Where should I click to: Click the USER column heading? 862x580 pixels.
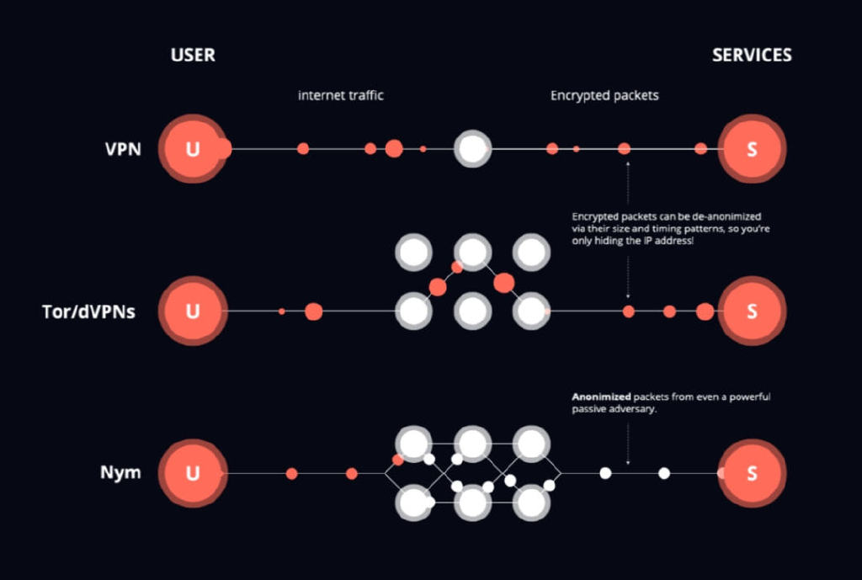(x=193, y=55)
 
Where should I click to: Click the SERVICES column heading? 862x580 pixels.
(x=752, y=55)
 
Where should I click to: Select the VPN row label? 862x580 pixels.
(x=123, y=149)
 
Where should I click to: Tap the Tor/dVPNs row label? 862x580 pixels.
(x=88, y=311)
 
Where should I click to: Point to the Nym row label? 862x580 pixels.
(x=120, y=473)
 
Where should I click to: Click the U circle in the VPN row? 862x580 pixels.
(x=193, y=148)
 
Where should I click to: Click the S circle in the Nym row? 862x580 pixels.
(x=752, y=473)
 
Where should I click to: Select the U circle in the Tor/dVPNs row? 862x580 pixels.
(x=193, y=311)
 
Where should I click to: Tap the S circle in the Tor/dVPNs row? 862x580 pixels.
(x=752, y=311)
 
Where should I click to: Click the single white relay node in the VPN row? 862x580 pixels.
(x=472, y=148)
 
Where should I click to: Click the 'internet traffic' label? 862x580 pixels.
(x=340, y=95)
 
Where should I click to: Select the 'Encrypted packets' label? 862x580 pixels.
(x=604, y=95)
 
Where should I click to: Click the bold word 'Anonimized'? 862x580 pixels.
(x=601, y=396)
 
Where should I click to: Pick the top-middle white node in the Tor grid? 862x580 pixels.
(x=473, y=253)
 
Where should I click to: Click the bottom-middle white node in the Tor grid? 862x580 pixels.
(x=473, y=311)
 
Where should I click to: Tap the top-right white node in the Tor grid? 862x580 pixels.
(x=531, y=253)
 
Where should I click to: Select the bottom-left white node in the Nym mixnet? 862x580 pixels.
(x=413, y=503)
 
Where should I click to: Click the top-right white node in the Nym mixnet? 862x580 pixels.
(x=531, y=444)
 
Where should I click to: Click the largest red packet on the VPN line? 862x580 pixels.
(x=394, y=148)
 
